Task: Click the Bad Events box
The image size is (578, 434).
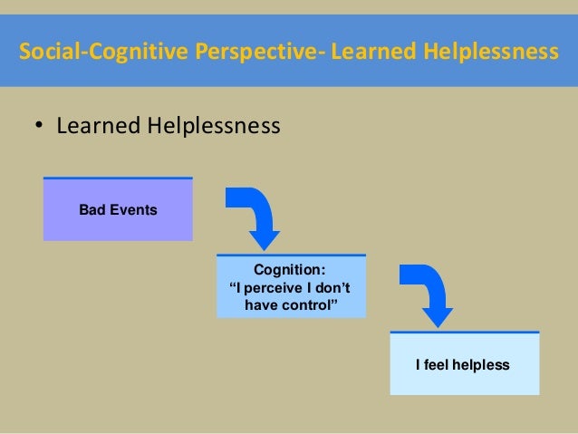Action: click(118, 209)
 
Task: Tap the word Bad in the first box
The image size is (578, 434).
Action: click(92, 210)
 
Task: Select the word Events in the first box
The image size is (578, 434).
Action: click(132, 210)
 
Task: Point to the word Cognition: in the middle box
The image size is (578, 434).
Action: click(290, 269)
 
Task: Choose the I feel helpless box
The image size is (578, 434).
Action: click(464, 363)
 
